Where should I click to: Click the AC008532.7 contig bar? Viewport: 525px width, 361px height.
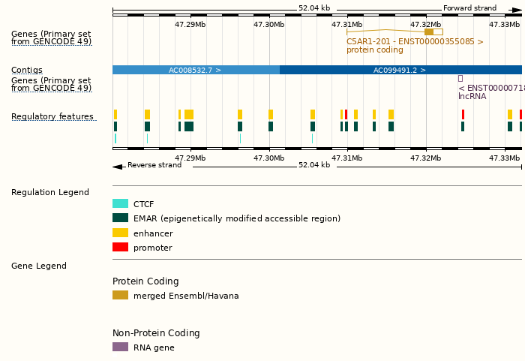pos(195,70)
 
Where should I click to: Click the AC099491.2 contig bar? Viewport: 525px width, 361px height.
pos(400,70)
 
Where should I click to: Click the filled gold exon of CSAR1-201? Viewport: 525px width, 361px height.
pos(429,32)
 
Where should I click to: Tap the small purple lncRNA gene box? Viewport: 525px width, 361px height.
pos(460,78)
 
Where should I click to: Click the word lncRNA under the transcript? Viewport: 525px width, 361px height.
pos(472,96)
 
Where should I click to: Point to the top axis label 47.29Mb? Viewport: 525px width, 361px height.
pos(190,24)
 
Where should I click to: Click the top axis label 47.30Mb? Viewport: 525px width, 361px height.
pos(268,24)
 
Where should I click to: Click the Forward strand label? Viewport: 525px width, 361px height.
pos(469,8)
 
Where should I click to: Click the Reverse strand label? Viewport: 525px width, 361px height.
pos(154,165)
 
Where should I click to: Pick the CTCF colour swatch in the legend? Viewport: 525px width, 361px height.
pos(120,203)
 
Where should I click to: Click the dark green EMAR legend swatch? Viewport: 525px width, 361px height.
pos(120,218)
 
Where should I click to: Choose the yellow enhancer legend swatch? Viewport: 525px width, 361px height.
pos(120,233)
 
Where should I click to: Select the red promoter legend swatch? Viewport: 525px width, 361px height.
pos(120,247)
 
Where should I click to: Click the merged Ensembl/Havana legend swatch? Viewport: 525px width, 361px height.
pos(120,295)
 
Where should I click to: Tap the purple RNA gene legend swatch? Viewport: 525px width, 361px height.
pos(120,347)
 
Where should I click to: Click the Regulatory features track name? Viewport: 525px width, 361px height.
pos(52,116)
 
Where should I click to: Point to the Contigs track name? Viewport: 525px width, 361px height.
pos(27,70)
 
